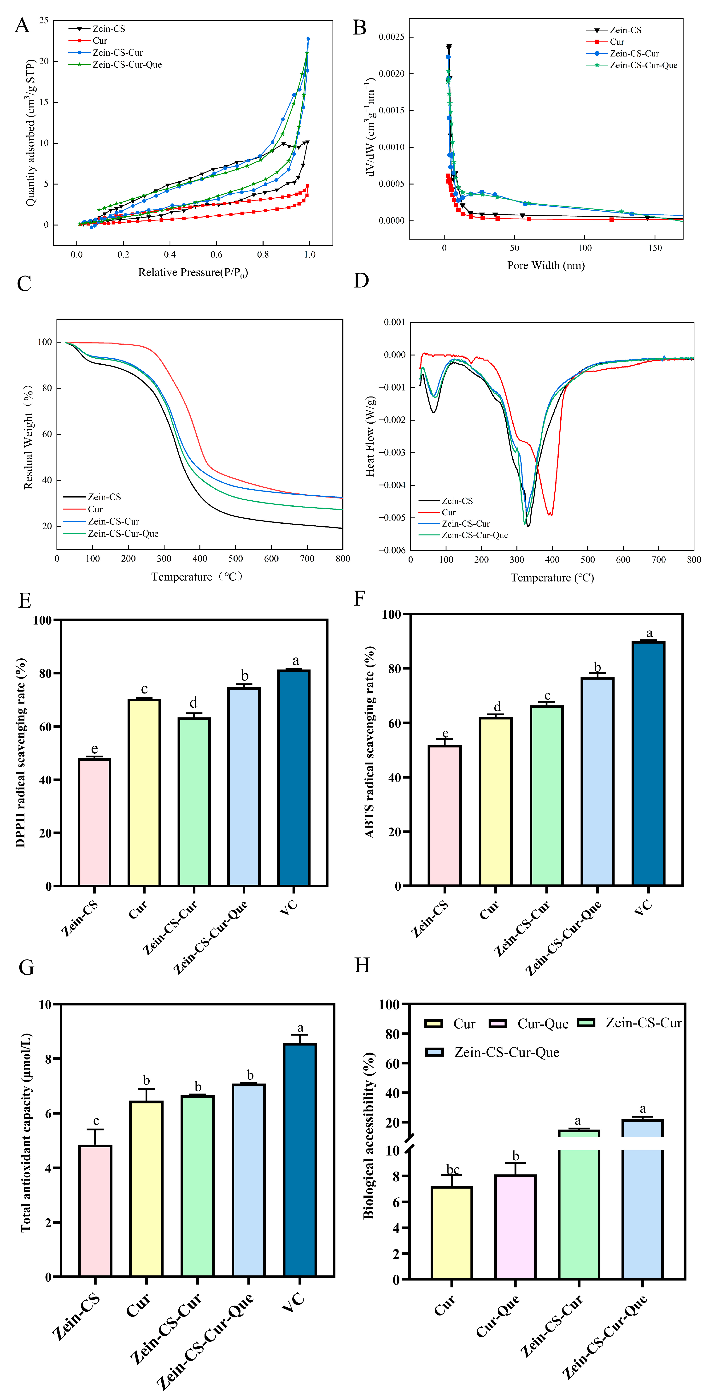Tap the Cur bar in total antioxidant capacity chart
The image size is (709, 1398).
pyautogui.click(x=146, y=1189)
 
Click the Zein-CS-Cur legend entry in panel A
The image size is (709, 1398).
pyautogui.click(x=117, y=53)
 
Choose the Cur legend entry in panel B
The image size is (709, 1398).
pyautogui.click(x=617, y=42)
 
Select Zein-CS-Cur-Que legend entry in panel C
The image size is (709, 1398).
pyautogui.click(x=123, y=533)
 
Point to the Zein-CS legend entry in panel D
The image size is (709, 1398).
pyautogui.click(x=457, y=501)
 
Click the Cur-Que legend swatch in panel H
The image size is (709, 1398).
pyautogui.click(x=498, y=1024)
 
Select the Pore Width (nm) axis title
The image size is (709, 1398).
pyautogui.click(x=546, y=265)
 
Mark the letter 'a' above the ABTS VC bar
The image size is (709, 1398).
pyautogui.click(x=649, y=633)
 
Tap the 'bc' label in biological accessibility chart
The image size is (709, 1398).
pyautogui.click(x=452, y=1170)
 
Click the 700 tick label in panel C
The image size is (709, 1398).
pyautogui.click(x=307, y=558)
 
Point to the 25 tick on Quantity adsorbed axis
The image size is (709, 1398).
pyautogui.click(x=43, y=21)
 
